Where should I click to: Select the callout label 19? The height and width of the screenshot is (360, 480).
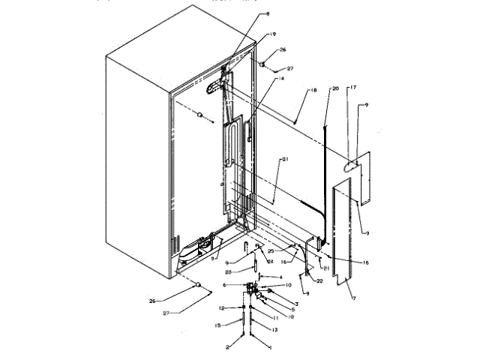[x=273, y=34]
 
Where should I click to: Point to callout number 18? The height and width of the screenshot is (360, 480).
[x=313, y=91]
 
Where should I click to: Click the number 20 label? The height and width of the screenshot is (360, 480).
[x=335, y=88]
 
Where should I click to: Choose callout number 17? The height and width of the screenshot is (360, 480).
[x=353, y=88]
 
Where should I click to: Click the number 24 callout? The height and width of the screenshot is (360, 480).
[x=271, y=260]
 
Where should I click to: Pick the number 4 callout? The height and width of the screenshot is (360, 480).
[x=280, y=277]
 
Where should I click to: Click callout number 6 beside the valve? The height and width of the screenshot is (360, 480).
[x=224, y=286]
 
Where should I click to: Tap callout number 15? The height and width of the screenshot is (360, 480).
[x=218, y=325]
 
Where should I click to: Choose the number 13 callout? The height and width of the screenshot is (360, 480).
[x=274, y=330]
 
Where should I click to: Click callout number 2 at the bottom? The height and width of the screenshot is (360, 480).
[x=226, y=348]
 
